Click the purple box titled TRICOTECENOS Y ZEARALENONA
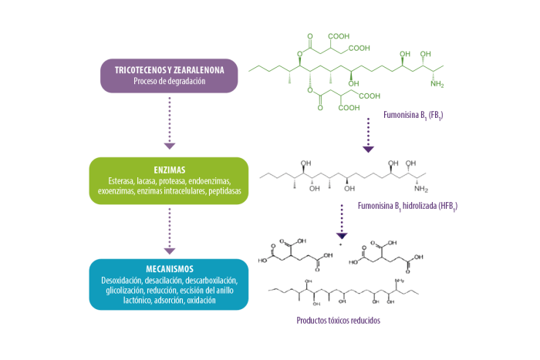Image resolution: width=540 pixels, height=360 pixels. (x=169, y=75)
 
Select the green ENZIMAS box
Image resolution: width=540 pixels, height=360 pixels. (x=169, y=180)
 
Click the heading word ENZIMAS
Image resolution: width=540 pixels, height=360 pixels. (x=169, y=169)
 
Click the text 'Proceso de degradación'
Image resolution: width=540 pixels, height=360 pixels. (x=169, y=81)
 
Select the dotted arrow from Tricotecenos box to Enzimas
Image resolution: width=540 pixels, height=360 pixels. (x=170, y=122)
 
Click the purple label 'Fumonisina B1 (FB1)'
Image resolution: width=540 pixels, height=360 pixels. (x=413, y=116)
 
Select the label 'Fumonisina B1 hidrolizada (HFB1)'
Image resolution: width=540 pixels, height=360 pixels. (x=409, y=207)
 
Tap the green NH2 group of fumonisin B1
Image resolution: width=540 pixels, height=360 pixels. (x=438, y=83)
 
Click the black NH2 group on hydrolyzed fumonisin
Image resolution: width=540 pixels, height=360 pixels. (x=421, y=187)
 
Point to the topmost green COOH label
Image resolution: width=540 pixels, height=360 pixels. (x=339, y=36)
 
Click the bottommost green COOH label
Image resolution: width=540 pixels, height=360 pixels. (x=349, y=109)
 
